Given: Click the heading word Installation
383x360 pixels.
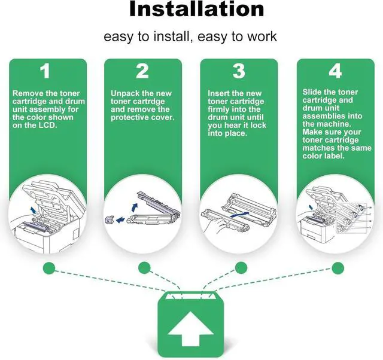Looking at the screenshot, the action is click(197, 9).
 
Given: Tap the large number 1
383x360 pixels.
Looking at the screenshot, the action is click(45, 72).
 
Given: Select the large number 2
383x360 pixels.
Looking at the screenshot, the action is click(142, 72).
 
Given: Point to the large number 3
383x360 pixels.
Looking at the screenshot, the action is click(239, 72).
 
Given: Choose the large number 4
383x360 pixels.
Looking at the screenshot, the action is click(336, 72).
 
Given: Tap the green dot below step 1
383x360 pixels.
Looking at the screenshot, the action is click(49, 267).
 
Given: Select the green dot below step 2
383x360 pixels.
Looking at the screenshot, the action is click(144, 267).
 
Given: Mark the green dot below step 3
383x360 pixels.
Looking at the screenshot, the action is click(241, 267).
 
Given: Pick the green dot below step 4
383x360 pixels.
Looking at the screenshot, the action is click(338, 267).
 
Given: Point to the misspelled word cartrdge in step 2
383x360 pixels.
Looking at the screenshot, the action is click(153, 102).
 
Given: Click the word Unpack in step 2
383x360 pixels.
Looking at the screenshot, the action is click(125, 94).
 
